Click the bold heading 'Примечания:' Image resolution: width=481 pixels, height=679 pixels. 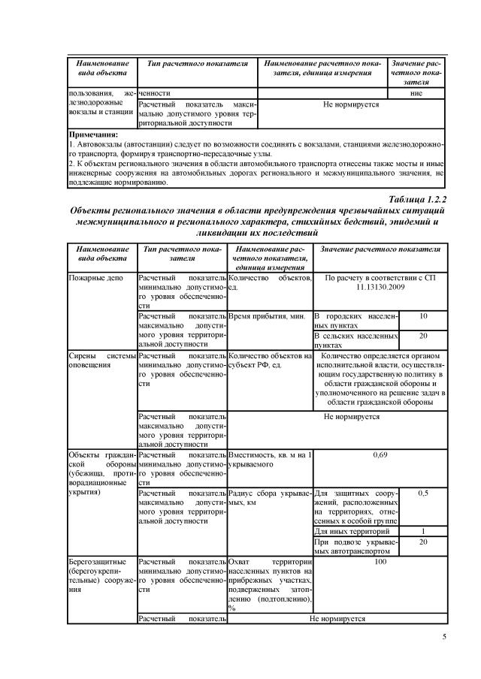(92, 134)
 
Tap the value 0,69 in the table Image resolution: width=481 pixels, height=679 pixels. (380, 455)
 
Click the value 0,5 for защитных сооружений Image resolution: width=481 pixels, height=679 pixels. (422, 493)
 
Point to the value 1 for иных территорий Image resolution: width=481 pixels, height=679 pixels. (422, 531)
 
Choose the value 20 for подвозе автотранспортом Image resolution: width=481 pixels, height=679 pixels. (422, 542)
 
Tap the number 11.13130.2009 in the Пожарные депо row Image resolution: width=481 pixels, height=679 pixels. (380, 288)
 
